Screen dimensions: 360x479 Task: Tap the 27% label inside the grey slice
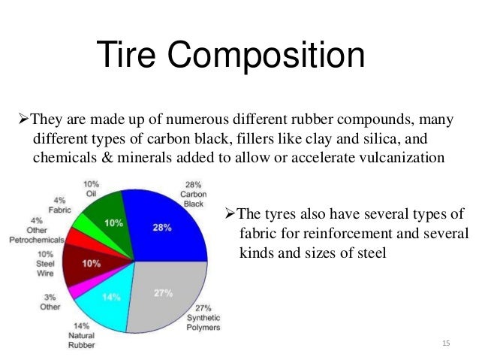164,292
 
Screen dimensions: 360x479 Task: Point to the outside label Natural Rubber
82,337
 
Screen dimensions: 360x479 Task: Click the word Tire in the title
130,56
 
